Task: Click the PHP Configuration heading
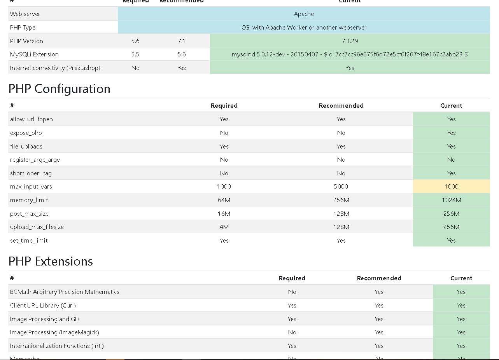click(59, 89)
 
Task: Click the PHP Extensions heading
click(51, 262)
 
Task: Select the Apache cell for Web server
click(304, 14)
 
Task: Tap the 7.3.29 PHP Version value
click(350, 41)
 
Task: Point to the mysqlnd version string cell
click(350, 54)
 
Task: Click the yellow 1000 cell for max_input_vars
click(451, 187)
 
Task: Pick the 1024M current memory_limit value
click(451, 200)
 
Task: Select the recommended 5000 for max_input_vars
click(341, 187)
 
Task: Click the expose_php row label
click(26, 133)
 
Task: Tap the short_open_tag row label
click(31, 173)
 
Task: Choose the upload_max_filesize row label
click(37, 227)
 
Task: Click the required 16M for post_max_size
click(224, 214)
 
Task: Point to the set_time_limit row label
click(29, 241)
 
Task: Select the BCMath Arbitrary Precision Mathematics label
click(65, 292)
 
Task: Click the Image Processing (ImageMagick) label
click(54, 332)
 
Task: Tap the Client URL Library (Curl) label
click(43, 306)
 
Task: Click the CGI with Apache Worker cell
click(304, 28)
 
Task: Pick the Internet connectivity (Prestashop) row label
click(55, 68)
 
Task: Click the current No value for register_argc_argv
click(451, 160)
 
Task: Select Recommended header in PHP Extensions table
click(379, 278)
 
